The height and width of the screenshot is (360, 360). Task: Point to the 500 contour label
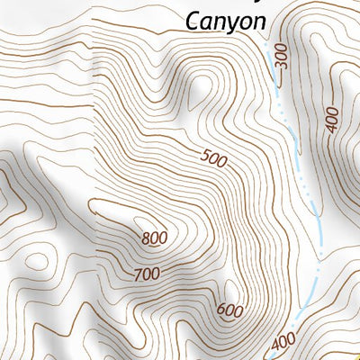pyautogui.click(x=215, y=159)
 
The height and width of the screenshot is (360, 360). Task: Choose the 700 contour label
pyautogui.click(x=147, y=273)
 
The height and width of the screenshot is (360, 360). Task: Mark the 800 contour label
pyautogui.click(x=155, y=239)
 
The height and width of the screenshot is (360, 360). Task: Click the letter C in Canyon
pyautogui.click(x=192, y=19)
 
